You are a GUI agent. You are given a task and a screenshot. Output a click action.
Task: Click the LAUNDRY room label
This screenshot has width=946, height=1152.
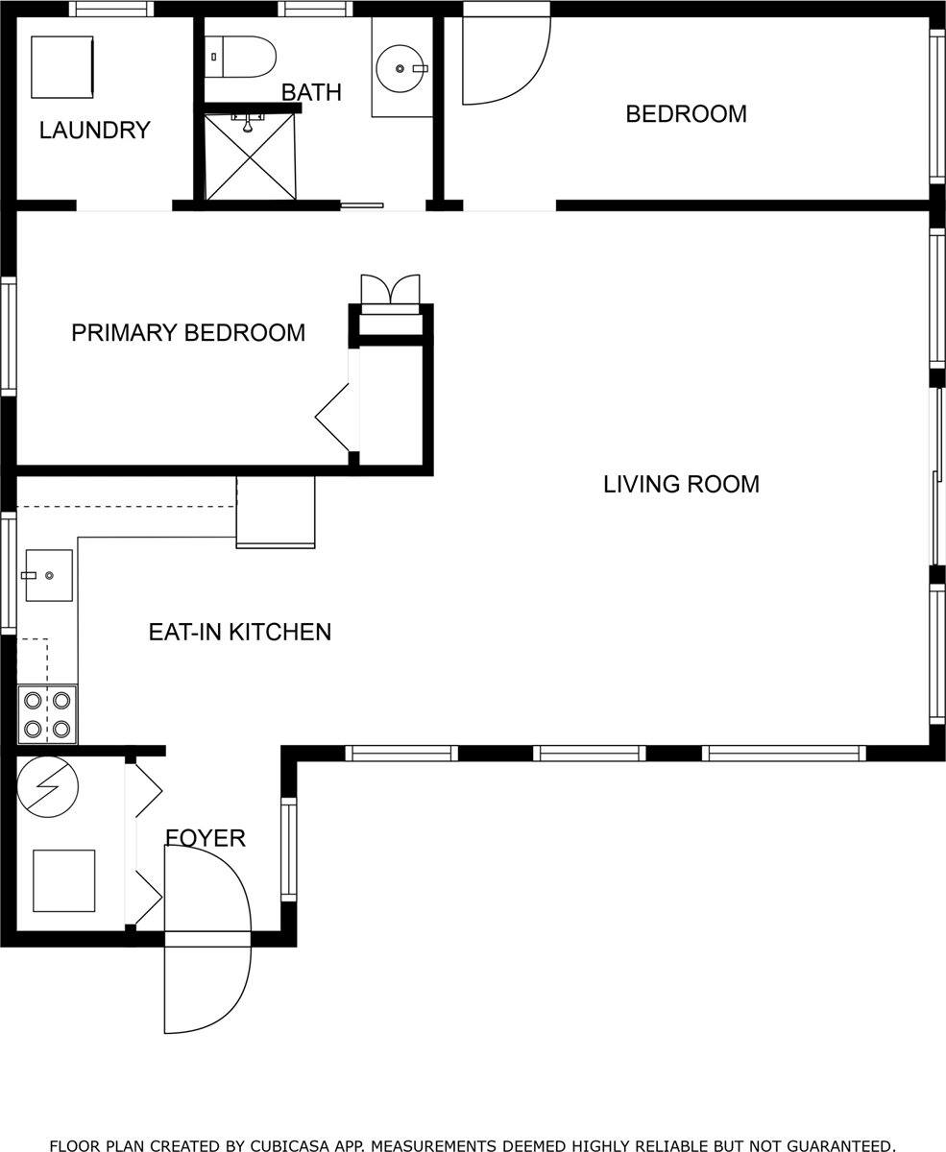point(94,130)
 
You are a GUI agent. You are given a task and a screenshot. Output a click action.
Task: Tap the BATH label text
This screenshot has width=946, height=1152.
point(310,92)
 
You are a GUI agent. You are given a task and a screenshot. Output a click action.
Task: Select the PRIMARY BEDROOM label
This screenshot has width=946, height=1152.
point(188,333)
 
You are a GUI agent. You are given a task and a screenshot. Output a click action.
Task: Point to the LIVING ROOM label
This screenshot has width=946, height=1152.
point(681,485)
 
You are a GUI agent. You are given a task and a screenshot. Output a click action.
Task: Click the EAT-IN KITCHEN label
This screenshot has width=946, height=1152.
point(239,632)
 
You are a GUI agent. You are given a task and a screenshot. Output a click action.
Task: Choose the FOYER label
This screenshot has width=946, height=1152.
point(206,838)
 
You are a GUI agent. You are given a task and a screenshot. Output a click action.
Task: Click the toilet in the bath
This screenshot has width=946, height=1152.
point(240,57)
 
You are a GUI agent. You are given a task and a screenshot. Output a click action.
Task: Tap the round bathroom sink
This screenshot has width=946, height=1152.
point(400,68)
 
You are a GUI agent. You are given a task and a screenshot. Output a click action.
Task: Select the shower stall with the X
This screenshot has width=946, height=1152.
point(250,157)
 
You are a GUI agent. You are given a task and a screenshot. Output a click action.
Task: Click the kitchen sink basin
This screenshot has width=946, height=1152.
point(49,575)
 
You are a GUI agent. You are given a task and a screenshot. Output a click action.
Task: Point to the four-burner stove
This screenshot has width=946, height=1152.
point(47,714)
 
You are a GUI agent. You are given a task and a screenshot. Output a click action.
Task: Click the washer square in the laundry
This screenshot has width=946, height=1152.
point(61,67)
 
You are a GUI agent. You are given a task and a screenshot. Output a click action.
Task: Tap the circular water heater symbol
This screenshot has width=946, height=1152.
point(47,786)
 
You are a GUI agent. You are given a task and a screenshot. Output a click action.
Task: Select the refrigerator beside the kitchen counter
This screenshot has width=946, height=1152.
point(276,511)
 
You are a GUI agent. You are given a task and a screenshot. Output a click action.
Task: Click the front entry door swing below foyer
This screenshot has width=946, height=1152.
point(206,989)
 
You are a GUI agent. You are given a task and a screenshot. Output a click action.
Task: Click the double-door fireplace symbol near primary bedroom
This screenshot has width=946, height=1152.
point(390,290)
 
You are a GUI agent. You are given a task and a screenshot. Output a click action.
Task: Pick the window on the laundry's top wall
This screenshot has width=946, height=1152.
point(110,10)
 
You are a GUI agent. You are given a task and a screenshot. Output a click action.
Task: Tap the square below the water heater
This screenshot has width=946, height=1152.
point(63,880)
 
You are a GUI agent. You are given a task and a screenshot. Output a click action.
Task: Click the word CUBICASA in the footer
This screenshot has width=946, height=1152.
point(285,1145)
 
